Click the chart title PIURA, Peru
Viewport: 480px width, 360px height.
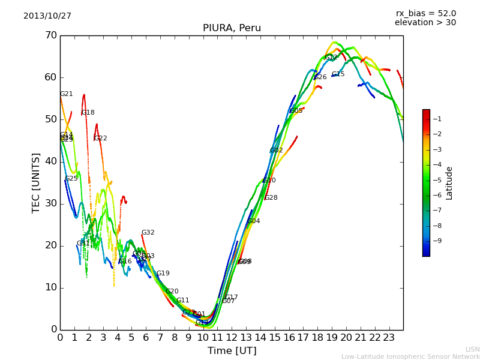[232, 28]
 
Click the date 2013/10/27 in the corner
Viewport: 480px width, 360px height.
[47, 16]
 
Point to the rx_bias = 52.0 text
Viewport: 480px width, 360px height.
[425, 13]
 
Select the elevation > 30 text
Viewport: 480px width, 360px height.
[425, 23]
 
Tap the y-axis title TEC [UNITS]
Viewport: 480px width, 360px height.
[36, 182]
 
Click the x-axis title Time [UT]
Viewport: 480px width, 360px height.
[232, 351]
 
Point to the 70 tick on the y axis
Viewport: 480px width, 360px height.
[51, 35]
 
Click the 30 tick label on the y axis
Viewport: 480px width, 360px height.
[51, 203]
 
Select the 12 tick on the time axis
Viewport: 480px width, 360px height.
[232, 338]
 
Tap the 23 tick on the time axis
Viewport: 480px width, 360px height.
[389, 338]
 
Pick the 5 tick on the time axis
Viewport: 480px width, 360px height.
[131, 338]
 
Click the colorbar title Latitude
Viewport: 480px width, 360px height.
[449, 183]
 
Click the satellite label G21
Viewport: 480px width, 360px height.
[67, 94]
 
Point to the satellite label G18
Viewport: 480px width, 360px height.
[88, 113]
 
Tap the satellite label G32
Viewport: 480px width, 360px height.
[148, 233]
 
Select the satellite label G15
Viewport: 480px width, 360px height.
[338, 74]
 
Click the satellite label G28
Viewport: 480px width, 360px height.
[271, 198]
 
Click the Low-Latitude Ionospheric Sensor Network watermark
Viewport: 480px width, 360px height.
[410, 356]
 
